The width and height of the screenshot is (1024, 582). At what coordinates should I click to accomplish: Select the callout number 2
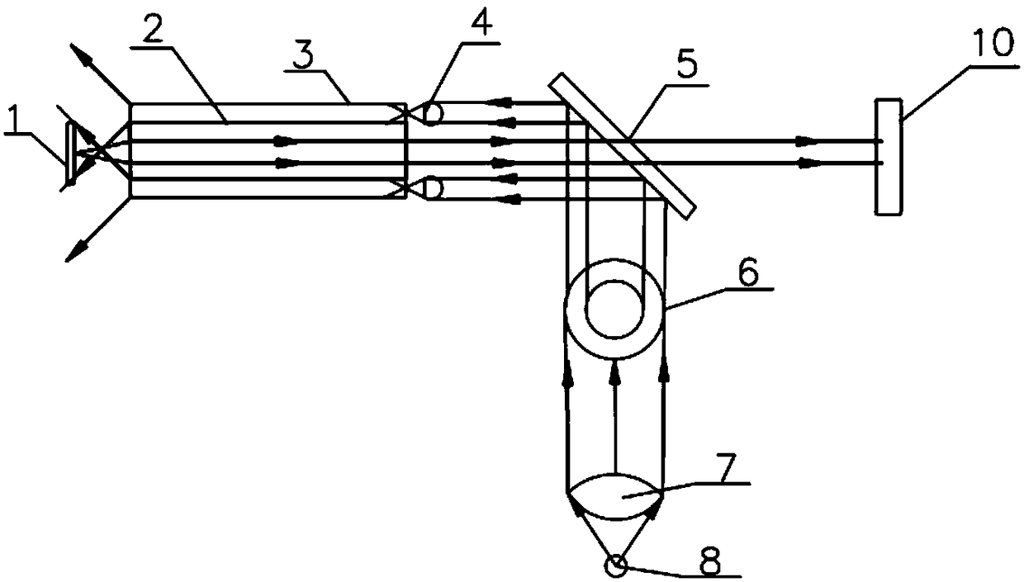(151, 28)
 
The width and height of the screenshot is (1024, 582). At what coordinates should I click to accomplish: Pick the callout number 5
(687, 66)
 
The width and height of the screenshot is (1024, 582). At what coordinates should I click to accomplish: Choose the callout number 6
(748, 272)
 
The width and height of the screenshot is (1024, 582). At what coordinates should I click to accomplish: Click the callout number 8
(710, 560)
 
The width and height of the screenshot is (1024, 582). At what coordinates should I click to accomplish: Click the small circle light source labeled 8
(615, 566)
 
